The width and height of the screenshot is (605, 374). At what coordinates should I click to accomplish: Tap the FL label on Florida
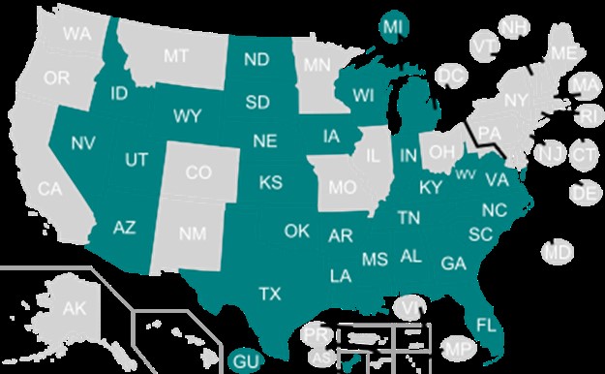(485, 322)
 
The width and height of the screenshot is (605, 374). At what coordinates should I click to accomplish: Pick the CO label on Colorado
(197, 173)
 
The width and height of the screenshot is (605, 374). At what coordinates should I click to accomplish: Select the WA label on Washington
(76, 34)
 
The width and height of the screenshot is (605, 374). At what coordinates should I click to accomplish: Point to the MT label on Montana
(175, 57)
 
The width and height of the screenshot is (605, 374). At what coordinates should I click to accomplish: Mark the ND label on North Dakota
(257, 60)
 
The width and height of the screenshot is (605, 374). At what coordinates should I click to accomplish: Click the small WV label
(465, 174)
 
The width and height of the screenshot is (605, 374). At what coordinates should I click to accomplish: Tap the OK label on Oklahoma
(296, 231)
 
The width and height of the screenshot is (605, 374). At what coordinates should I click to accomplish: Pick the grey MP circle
(457, 348)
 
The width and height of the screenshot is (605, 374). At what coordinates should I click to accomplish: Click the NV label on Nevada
(82, 143)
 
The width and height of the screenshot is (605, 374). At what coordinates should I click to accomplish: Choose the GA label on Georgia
(452, 264)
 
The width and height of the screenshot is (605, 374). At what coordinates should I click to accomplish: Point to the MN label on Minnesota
(317, 67)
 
